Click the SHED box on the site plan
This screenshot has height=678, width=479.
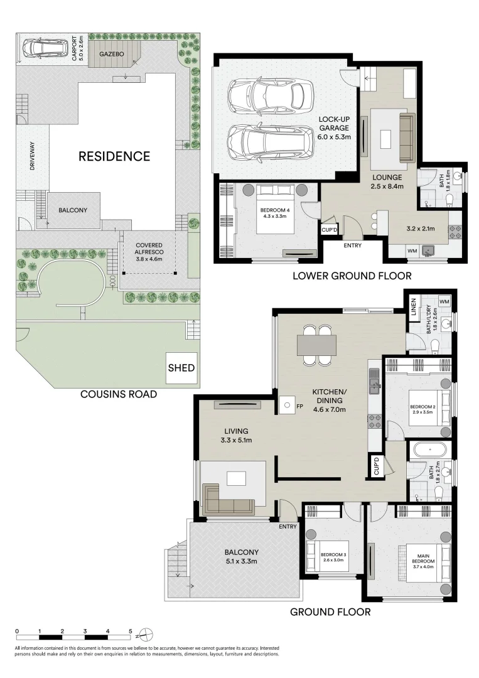(181, 368)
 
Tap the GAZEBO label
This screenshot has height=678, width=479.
(110, 55)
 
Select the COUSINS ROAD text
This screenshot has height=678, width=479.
(118, 394)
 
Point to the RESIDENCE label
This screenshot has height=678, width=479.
(114, 156)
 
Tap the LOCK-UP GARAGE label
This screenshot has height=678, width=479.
(334, 127)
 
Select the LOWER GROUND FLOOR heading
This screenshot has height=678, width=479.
(352, 276)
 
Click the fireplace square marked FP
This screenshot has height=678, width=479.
(286, 406)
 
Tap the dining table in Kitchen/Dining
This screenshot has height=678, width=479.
(316, 345)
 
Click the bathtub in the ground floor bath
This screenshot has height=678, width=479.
(428, 450)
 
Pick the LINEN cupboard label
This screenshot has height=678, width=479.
(414, 307)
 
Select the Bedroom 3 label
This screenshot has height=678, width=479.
(333, 555)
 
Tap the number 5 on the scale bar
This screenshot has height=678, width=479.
(130, 631)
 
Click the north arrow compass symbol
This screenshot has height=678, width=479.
(143, 632)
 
